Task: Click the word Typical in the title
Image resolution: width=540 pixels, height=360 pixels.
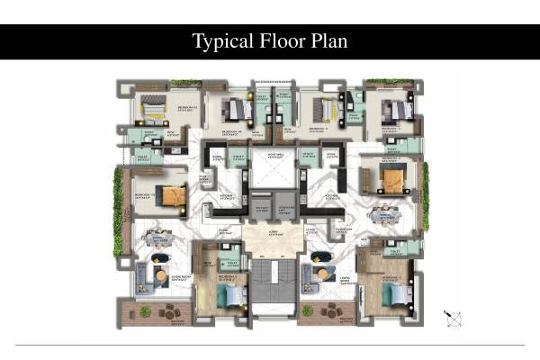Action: tap(220, 41)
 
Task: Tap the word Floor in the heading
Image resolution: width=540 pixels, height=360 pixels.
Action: tap(280, 41)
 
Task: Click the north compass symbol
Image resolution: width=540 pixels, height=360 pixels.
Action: tap(453, 318)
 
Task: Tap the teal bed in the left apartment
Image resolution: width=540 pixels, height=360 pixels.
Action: tap(232, 294)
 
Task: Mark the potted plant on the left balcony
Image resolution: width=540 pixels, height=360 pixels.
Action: tap(144, 311)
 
